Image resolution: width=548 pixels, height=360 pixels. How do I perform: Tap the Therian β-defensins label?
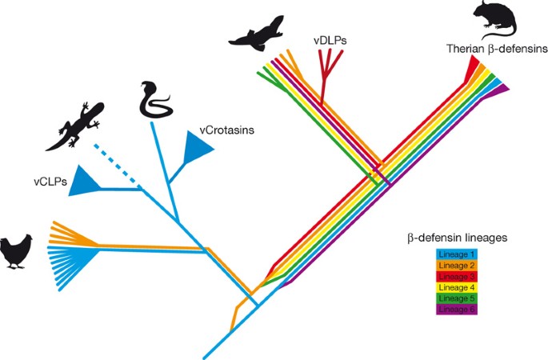click(497, 50)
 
